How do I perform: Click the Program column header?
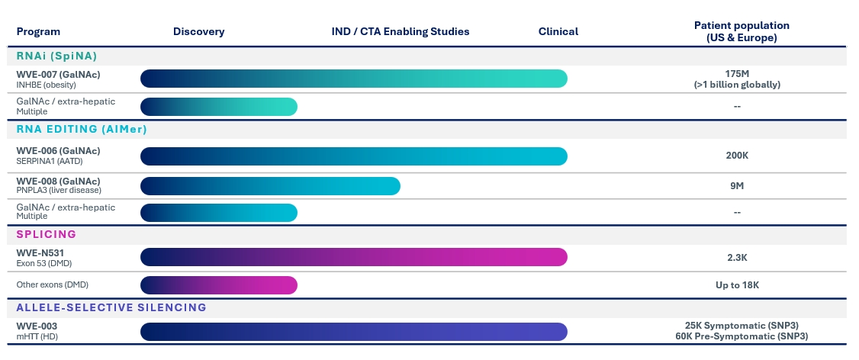[x=38, y=31]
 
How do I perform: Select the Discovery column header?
[x=198, y=31]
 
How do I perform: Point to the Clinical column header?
[x=558, y=31]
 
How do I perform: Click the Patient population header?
[x=742, y=31]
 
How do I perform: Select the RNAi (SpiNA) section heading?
[x=56, y=56]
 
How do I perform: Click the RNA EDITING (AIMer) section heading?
[x=82, y=129]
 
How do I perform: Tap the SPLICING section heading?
[x=47, y=234]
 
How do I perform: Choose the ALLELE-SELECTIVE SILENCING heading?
[x=111, y=307]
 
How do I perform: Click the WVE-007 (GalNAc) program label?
[x=58, y=74]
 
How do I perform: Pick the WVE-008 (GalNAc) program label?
[x=58, y=181]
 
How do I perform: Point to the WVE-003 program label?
[x=37, y=326]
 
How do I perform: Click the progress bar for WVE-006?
[x=354, y=156]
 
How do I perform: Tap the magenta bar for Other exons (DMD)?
[x=219, y=285]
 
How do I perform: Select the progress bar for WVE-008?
[x=270, y=185]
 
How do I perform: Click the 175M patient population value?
[x=738, y=73]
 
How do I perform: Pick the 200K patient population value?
[x=738, y=156]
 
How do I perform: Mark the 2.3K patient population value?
[x=738, y=257]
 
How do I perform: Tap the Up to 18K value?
[x=738, y=285]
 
